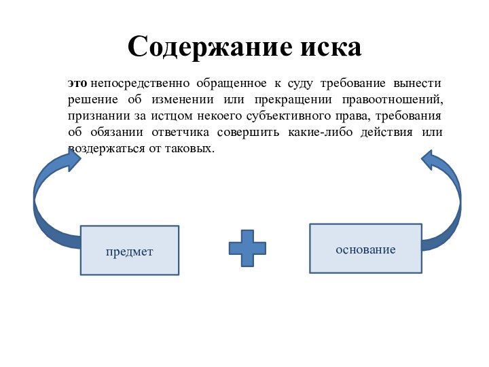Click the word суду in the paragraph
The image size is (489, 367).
pyautogui.click(x=300, y=83)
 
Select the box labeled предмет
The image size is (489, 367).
pyautogui.click(x=129, y=250)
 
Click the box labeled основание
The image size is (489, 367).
pyautogui.click(x=365, y=249)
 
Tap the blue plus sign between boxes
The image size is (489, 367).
pyautogui.click(x=247, y=248)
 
